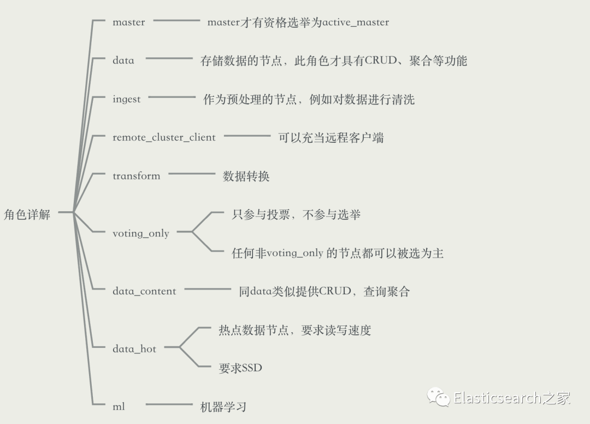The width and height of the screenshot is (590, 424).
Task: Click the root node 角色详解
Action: click(x=27, y=214)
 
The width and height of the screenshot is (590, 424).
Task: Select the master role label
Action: click(x=129, y=22)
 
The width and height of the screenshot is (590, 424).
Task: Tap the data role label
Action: click(x=123, y=61)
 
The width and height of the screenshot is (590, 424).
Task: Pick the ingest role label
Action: click(x=127, y=99)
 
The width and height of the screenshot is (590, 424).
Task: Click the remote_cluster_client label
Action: click(x=164, y=137)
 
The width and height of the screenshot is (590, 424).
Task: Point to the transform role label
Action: click(x=137, y=176)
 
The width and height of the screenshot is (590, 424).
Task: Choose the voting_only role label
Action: click(x=141, y=234)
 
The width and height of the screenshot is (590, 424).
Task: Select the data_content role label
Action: click(x=144, y=291)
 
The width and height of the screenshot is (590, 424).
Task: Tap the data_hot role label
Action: click(x=134, y=349)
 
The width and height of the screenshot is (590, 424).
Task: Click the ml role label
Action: click(x=119, y=406)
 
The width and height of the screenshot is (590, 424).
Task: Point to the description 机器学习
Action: click(x=223, y=406)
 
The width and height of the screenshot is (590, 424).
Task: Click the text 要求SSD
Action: click(x=240, y=368)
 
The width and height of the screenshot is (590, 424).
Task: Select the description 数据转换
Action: click(x=246, y=176)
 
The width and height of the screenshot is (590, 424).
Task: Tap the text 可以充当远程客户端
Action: click(x=331, y=137)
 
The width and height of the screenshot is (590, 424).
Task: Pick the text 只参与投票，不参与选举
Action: click(x=297, y=214)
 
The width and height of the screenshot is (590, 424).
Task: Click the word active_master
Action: click(x=356, y=22)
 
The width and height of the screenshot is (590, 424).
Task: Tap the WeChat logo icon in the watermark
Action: click(x=439, y=397)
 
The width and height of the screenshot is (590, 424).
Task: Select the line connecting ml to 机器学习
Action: click(x=169, y=405)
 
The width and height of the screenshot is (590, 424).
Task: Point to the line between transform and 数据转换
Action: click(x=192, y=174)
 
